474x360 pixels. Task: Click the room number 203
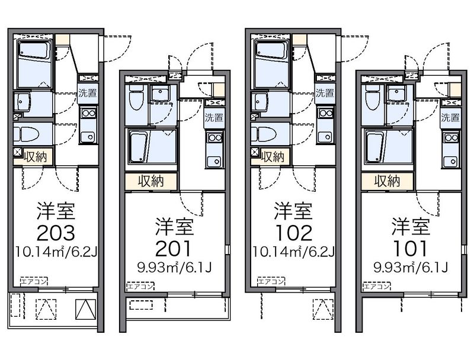[x=55, y=230]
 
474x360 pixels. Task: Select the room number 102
[x=292, y=230]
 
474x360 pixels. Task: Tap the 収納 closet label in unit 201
[x=150, y=181]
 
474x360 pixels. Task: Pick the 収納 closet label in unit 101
[x=387, y=181]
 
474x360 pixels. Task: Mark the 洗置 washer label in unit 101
[x=450, y=117]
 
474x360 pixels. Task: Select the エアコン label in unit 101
[x=376, y=287]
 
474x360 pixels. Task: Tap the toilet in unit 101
[x=372, y=97]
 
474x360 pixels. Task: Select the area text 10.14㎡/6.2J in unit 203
[x=56, y=253]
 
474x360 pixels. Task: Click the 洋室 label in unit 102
[x=292, y=209]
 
